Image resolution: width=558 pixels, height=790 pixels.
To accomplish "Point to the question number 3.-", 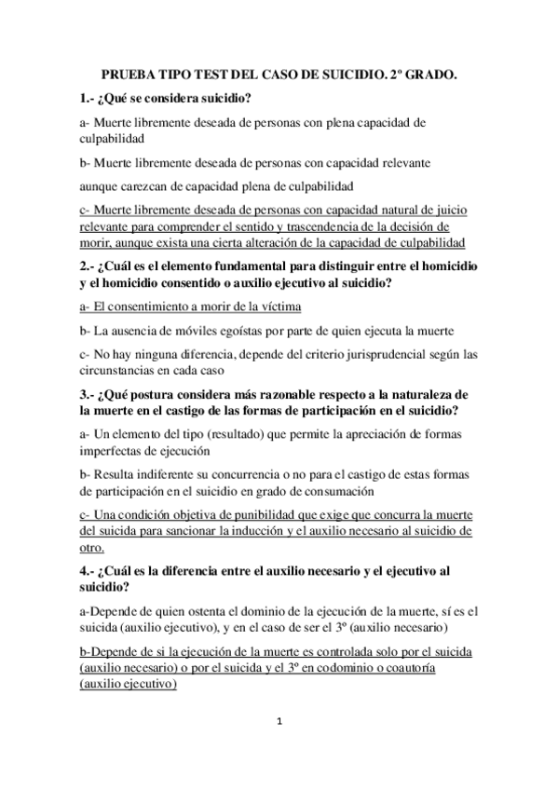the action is tap(89, 396).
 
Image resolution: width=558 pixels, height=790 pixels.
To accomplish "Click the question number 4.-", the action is tap(89, 570).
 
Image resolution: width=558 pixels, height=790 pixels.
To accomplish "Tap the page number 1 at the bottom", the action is tap(279, 720).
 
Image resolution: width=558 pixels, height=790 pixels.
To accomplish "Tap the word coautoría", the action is tap(441, 669).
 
